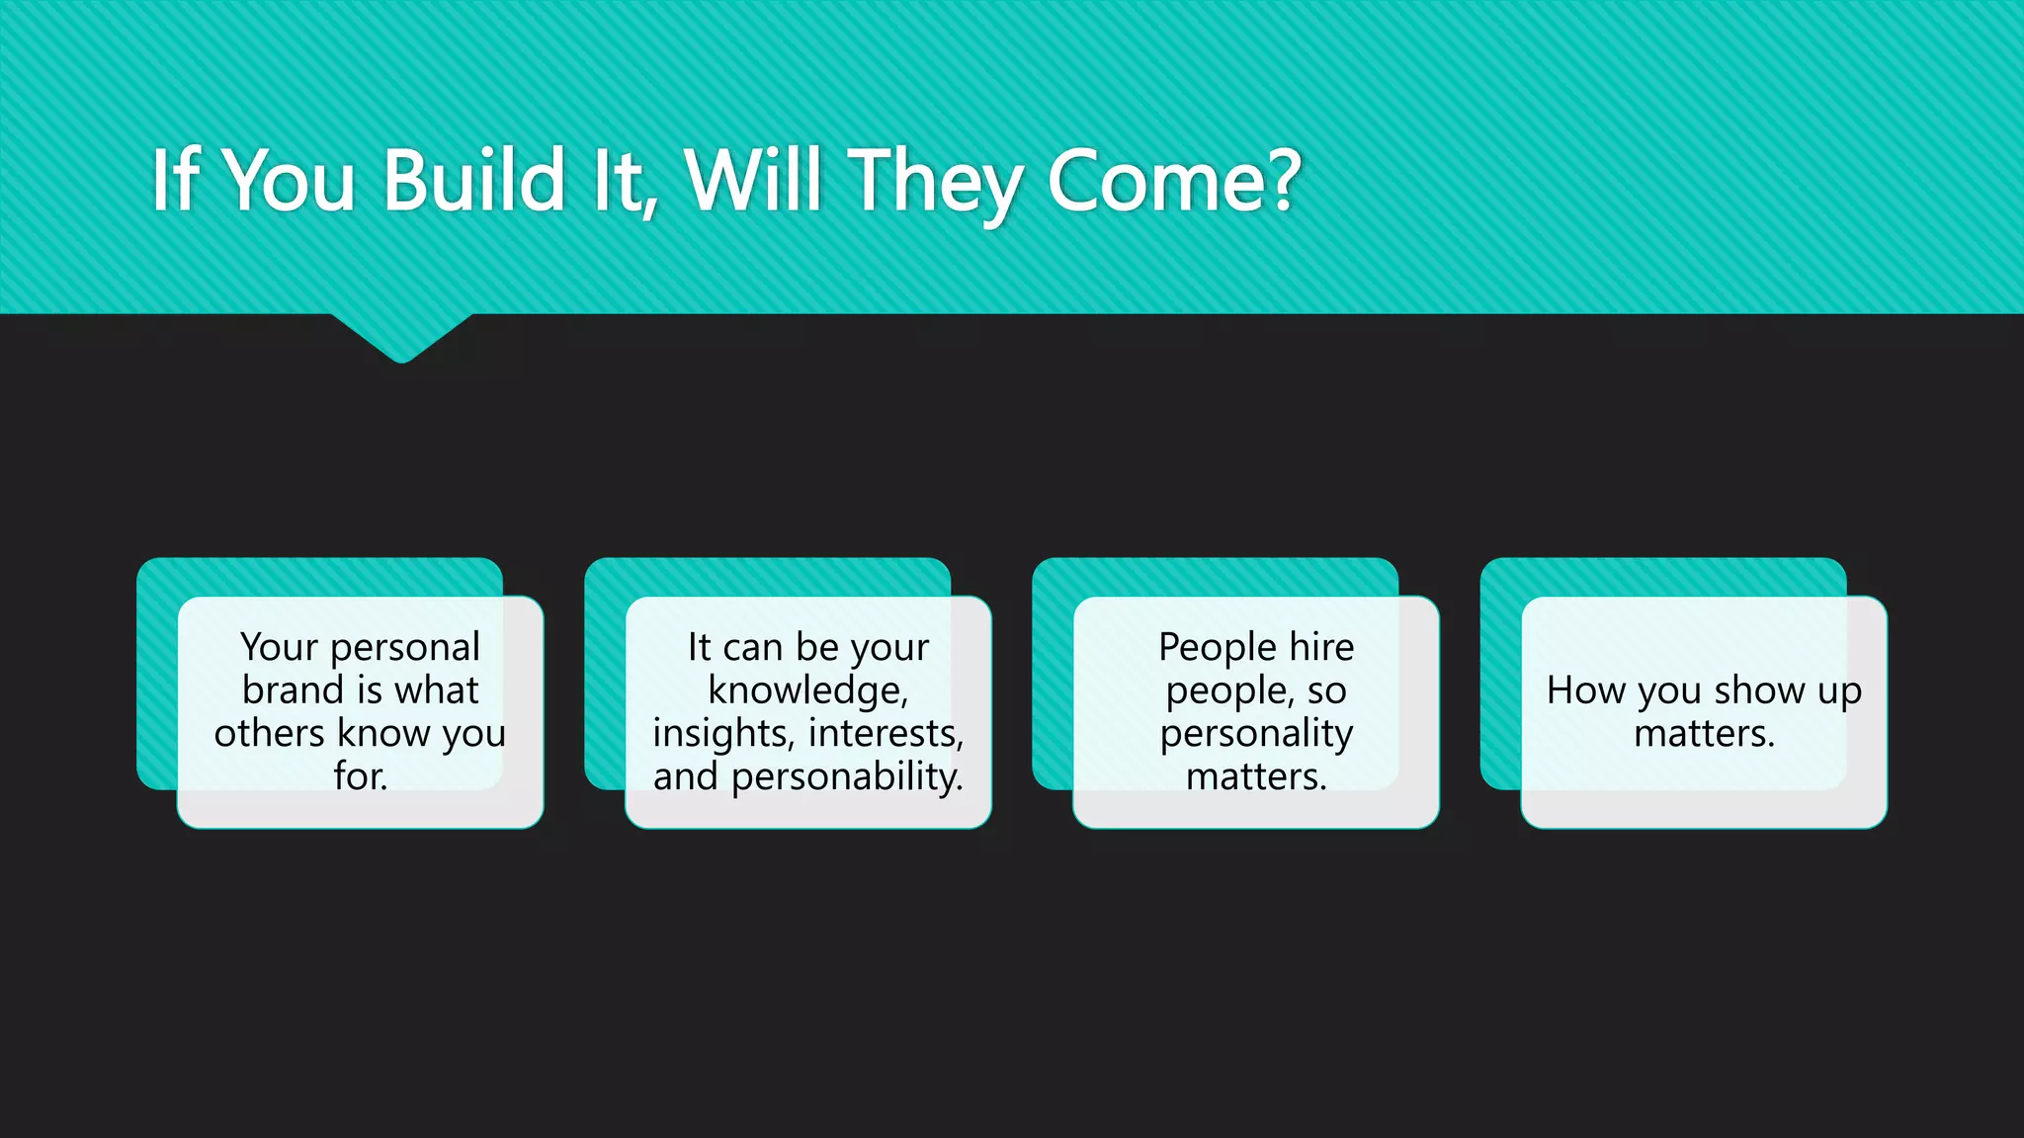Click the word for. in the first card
(360, 775)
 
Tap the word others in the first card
(269, 733)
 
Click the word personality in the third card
(1256, 734)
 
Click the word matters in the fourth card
(1702, 733)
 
